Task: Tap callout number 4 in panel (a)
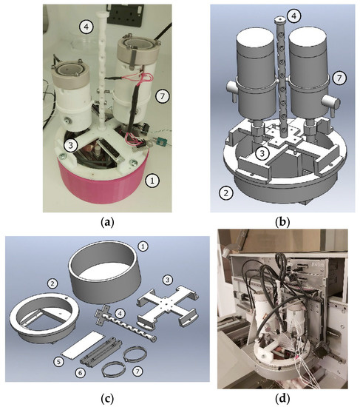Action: [x=86, y=27]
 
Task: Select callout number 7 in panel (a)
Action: [x=163, y=96]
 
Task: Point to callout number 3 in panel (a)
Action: [x=71, y=146]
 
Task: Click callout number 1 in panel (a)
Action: [x=152, y=181]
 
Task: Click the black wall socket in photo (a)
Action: [x=125, y=15]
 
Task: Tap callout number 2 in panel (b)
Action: [x=226, y=193]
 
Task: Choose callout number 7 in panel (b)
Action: [x=340, y=78]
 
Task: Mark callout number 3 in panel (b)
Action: [x=262, y=154]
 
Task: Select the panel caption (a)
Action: [x=107, y=223]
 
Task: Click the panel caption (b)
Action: [x=282, y=223]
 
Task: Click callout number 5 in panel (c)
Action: [x=59, y=362]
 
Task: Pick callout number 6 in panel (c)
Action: [x=80, y=373]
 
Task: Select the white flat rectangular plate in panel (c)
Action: [x=83, y=344]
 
